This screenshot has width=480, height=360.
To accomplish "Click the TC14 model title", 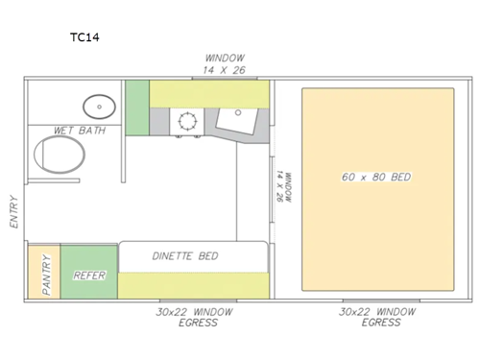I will pos(85,38).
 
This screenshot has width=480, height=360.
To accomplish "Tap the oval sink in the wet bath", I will pos(95,105).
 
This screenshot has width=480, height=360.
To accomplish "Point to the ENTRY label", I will pos(13,210).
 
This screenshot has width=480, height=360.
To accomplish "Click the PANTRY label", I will pos(42,274).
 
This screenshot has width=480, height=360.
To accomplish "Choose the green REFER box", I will pos(88,275).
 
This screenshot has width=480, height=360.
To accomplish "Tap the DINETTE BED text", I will pos(185,256).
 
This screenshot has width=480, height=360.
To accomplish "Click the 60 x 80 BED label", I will pos(376,179).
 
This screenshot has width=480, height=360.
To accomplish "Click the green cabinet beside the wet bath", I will pos(137,108).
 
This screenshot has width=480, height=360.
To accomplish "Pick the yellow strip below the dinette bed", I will pos(192,285).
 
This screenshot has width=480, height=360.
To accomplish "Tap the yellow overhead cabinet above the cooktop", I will pos(208,93).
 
